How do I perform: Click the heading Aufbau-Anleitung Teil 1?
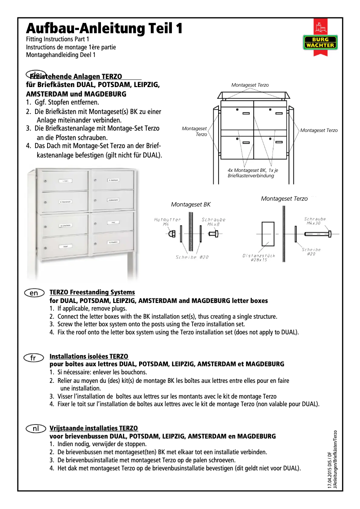click(x=104, y=29)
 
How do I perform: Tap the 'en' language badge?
click(x=34, y=293)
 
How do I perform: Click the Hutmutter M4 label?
click(x=167, y=222)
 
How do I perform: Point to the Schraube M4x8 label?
click(x=213, y=222)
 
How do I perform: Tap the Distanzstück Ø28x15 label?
click(x=259, y=258)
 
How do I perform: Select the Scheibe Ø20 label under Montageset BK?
click(x=192, y=257)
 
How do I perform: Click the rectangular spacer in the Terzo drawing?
click(x=268, y=234)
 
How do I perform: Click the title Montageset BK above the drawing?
click(x=191, y=205)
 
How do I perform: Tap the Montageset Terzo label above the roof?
click(x=250, y=85)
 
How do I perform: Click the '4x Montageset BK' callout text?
click(x=253, y=173)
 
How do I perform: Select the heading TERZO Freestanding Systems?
click(x=92, y=292)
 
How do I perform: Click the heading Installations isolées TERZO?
click(x=89, y=357)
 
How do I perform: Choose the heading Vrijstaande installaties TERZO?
click(x=93, y=428)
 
